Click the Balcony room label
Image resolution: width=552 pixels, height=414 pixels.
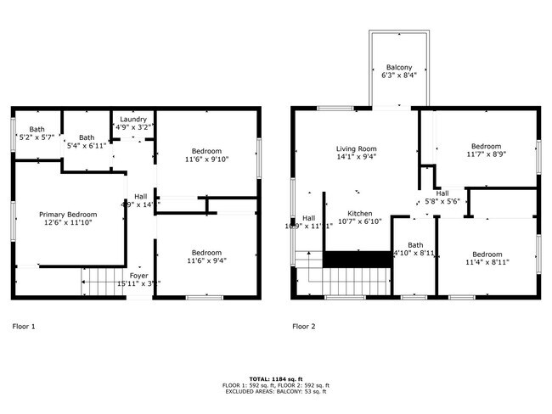pos(399,67)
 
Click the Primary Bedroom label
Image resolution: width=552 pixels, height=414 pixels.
pos(68,215)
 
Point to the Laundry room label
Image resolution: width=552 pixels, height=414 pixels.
pos(133,120)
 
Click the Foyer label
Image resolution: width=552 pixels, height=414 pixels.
pos(138,276)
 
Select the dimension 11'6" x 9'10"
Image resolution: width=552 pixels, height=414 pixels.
pos(206,159)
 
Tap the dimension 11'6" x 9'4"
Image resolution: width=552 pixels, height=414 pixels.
pos(206,261)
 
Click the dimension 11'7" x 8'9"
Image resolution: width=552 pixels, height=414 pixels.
pos(487,154)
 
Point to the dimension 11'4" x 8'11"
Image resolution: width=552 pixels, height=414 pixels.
pos(487,263)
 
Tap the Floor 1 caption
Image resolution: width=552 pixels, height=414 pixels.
pos(24,326)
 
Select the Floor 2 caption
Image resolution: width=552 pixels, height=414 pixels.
pos(304,326)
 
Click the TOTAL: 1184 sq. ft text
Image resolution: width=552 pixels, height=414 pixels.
pos(276,378)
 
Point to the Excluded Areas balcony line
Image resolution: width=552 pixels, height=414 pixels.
pos(276,392)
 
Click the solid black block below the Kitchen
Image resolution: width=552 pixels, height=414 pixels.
pos(358,259)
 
